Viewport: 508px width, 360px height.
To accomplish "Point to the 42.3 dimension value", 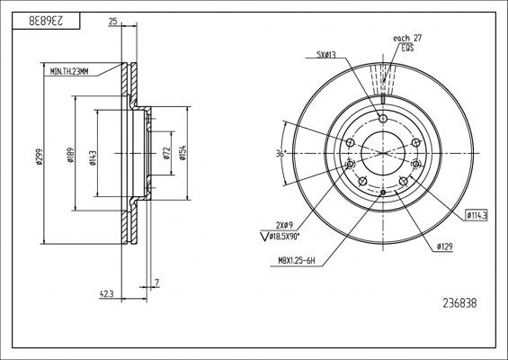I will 106,292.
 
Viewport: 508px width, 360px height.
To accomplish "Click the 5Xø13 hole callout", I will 327,56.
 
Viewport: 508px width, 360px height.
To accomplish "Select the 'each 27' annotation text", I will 407,38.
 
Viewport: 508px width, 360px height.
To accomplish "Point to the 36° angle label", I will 281,154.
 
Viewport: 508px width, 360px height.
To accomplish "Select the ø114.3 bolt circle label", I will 476,215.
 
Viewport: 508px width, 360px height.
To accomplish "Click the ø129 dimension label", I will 443,246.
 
